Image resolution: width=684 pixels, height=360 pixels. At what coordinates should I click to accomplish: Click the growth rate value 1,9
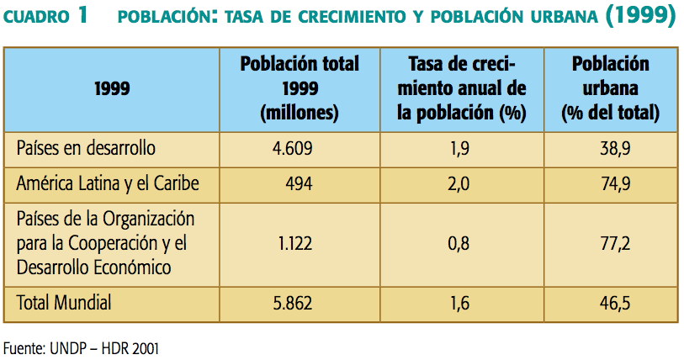[459, 149]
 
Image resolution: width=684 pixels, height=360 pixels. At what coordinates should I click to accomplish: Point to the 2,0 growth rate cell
[459, 183]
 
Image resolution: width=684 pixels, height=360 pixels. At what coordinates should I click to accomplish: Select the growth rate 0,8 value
[459, 243]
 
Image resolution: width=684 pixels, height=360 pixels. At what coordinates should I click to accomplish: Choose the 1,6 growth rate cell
[459, 303]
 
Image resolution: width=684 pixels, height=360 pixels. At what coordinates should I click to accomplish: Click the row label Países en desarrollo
[86, 149]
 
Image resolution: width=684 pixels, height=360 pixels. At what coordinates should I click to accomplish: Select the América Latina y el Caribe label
[108, 183]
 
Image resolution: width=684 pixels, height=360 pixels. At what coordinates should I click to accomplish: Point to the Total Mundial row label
[64, 303]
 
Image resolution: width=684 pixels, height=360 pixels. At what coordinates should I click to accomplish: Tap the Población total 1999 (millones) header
[299, 87]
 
